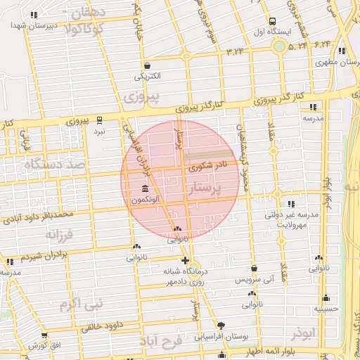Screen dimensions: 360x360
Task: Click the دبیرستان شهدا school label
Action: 27,25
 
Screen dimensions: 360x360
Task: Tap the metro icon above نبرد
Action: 99,119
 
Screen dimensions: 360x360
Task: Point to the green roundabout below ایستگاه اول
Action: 280,46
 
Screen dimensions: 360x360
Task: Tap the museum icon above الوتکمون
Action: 145,189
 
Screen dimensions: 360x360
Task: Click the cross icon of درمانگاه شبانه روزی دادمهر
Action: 185,260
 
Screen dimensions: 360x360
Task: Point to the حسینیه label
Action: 326,308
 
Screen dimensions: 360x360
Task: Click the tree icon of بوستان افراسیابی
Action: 222,325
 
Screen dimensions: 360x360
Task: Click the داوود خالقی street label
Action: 84,326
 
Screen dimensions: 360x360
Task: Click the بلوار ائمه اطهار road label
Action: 281,349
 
